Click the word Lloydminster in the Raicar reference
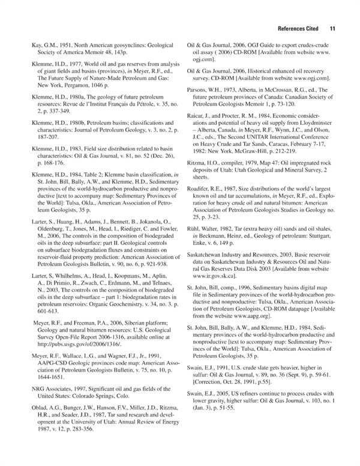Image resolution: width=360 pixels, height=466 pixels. tap(322, 124)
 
